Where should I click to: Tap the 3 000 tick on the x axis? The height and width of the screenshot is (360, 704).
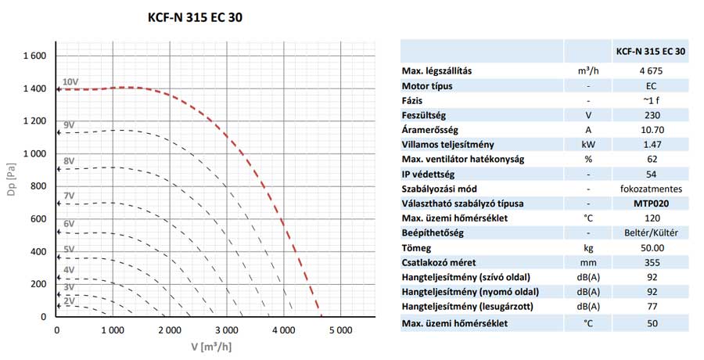tap(226, 331)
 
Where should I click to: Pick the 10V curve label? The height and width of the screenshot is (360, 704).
tap(70, 81)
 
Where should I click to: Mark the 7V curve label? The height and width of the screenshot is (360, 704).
tap(69, 195)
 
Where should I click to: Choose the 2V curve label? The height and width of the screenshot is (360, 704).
tap(69, 301)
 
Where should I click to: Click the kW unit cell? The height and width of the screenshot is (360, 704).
tap(583, 145)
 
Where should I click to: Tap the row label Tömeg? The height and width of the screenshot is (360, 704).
tap(417, 248)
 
